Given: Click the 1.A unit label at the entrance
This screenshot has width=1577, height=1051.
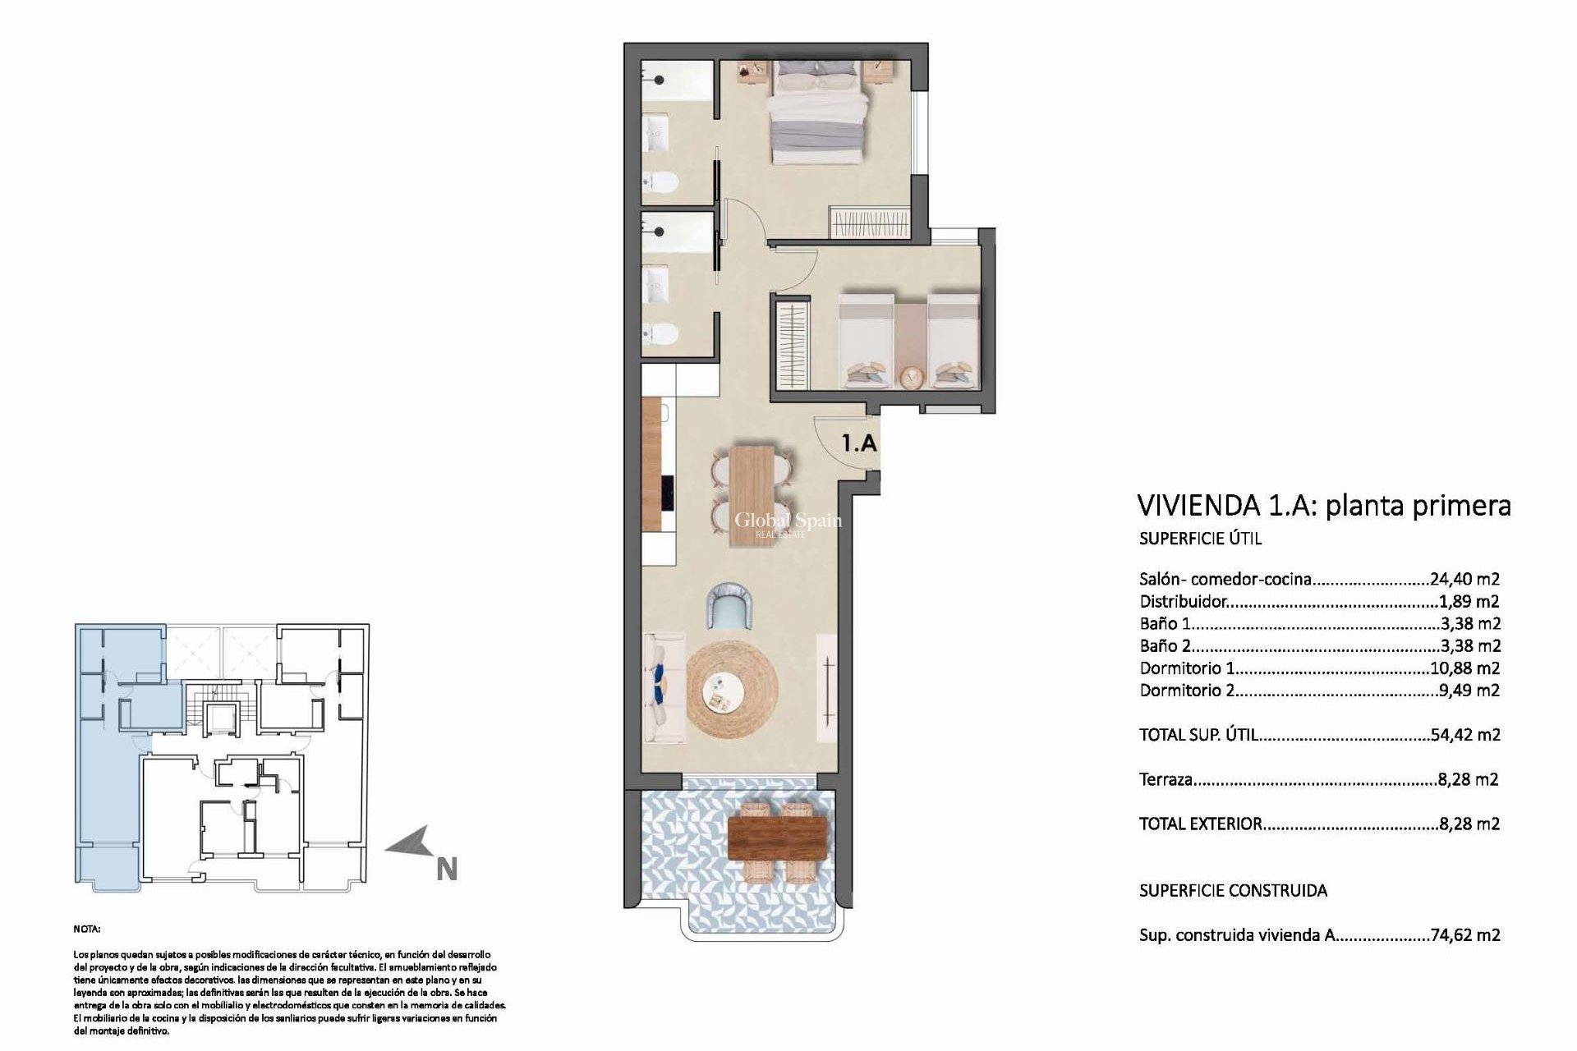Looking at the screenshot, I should [x=859, y=443].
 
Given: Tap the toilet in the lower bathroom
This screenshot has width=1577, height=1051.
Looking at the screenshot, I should [x=659, y=334].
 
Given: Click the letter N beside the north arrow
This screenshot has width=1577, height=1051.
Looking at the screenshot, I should [x=446, y=870].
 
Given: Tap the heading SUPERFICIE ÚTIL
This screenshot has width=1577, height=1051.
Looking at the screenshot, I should [x=1200, y=539].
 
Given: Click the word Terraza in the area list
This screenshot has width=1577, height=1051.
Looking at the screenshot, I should [x=1166, y=779].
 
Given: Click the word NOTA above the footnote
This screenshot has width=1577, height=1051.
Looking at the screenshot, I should [x=86, y=929].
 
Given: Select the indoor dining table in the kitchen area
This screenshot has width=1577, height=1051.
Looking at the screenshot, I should [x=753, y=494].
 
